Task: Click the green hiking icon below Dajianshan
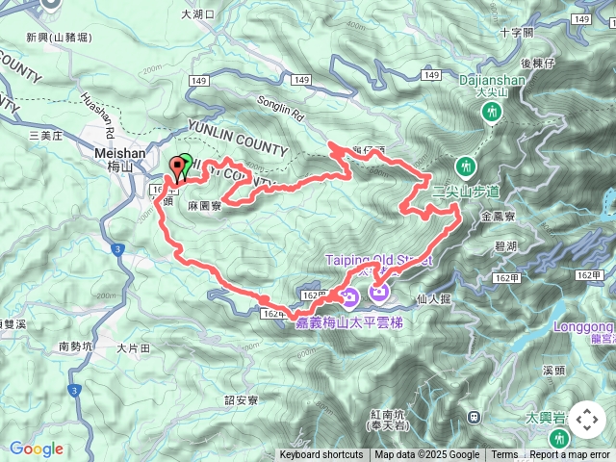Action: (492, 113)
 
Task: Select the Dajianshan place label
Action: (492, 82)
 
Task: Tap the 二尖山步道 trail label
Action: (467, 191)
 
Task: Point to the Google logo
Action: (37, 449)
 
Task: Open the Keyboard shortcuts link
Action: (321, 455)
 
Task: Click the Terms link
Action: (504, 455)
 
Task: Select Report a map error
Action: (570, 455)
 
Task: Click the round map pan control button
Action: (586, 420)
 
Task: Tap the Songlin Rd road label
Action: (279, 107)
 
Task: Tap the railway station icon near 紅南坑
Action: (474, 417)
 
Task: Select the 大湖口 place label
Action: (198, 14)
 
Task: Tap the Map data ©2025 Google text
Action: (426, 455)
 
